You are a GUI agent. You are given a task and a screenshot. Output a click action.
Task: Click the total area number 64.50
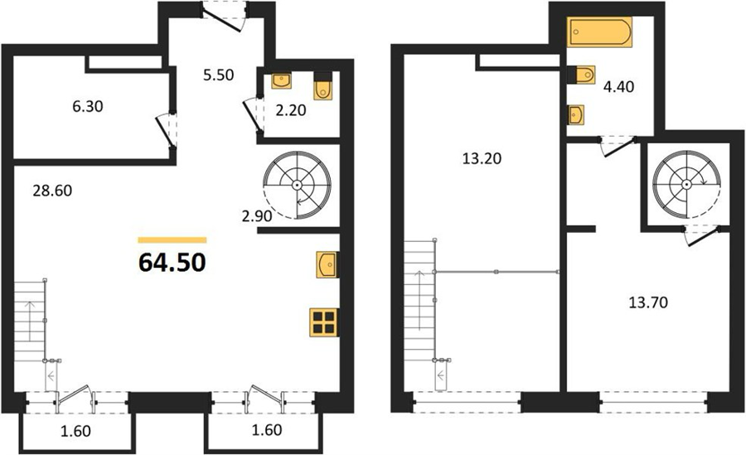pyautogui.click(x=172, y=262)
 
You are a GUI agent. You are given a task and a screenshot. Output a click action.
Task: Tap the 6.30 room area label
pyautogui.click(x=88, y=107)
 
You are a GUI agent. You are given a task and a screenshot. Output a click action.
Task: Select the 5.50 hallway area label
pyautogui.click(x=218, y=75)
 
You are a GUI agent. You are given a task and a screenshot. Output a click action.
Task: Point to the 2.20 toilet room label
pyautogui.click(x=291, y=110)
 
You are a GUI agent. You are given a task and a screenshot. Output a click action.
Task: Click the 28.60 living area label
pyautogui.click(x=52, y=191)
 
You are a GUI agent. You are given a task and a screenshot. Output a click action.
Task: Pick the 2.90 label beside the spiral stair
pyautogui.click(x=257, y=216)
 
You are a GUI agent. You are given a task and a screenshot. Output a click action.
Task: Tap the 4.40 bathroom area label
pyautogui.click(x=618, y=87)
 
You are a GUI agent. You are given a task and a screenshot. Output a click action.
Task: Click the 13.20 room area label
pyautogui.click(x=482, y=158)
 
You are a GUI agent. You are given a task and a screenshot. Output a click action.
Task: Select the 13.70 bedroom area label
pyautogui.click(x=648, y=302)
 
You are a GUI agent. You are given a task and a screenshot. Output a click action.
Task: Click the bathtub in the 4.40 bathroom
pyautogui.click(x=599, y=31)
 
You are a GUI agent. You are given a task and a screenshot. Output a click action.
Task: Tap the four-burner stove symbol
pyautogui.click(x=323, y=322)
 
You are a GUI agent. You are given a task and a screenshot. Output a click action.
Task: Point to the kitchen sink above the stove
pyautogui.click(x=327, y=264)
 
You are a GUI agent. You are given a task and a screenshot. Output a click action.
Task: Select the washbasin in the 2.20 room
pyautogui.click(x=281, y=81)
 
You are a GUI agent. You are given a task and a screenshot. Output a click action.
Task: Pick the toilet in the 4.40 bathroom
pyautogui.click(x=582, y=75)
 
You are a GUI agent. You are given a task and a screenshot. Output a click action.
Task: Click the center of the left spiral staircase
pyautogui.click(x=298, y=184)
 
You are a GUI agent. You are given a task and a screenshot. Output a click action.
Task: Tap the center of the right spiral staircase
pyautogui.click(x=686, y=184)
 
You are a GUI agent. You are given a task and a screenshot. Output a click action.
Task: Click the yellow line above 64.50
pyautogui.click(x=172, y=240)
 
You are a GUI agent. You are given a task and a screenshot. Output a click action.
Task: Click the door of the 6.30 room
pyautogui.click(x=167, y=130)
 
